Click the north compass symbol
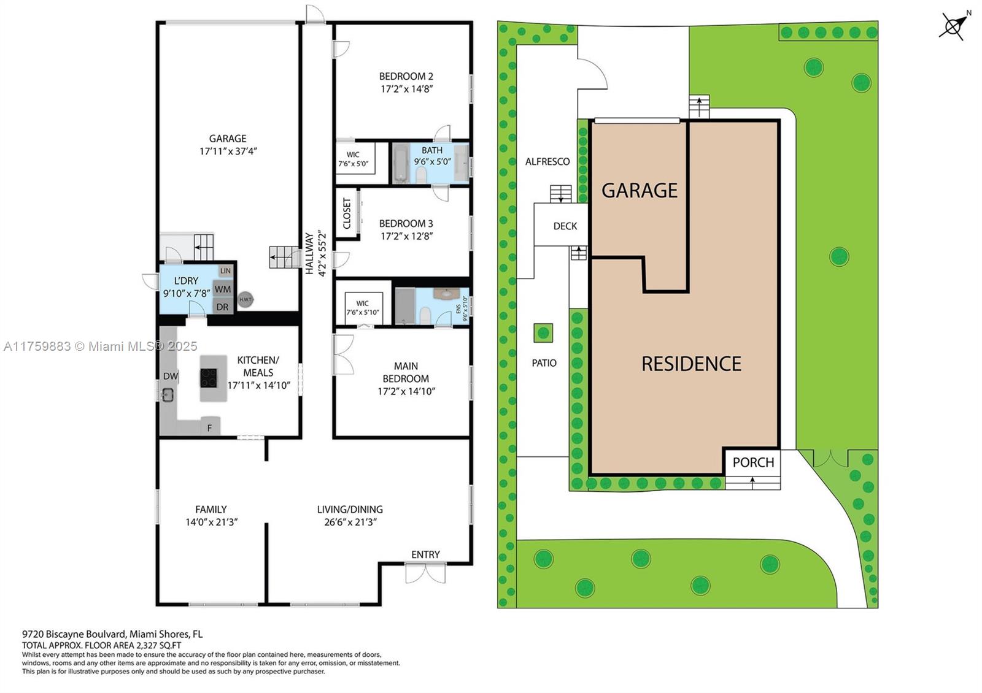(954, 26)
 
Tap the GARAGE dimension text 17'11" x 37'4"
(228, 151)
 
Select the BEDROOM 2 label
(406, 76)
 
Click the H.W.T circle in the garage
(245, 300)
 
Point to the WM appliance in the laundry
(223, 289)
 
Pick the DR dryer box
(222, 307)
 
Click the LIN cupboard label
(225, 270)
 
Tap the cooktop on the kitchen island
(209, 378)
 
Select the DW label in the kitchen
(171, 376)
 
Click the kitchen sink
(168, 395)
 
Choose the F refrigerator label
(209, 428)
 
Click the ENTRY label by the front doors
(425, 554)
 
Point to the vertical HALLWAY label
(309, 254)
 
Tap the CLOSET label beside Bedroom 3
(347, 213)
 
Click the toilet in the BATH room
(421, 175)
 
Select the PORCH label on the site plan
(753, 462)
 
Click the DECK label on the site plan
(565, 226)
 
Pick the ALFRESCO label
(547, 162)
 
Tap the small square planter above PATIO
(543, 333)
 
